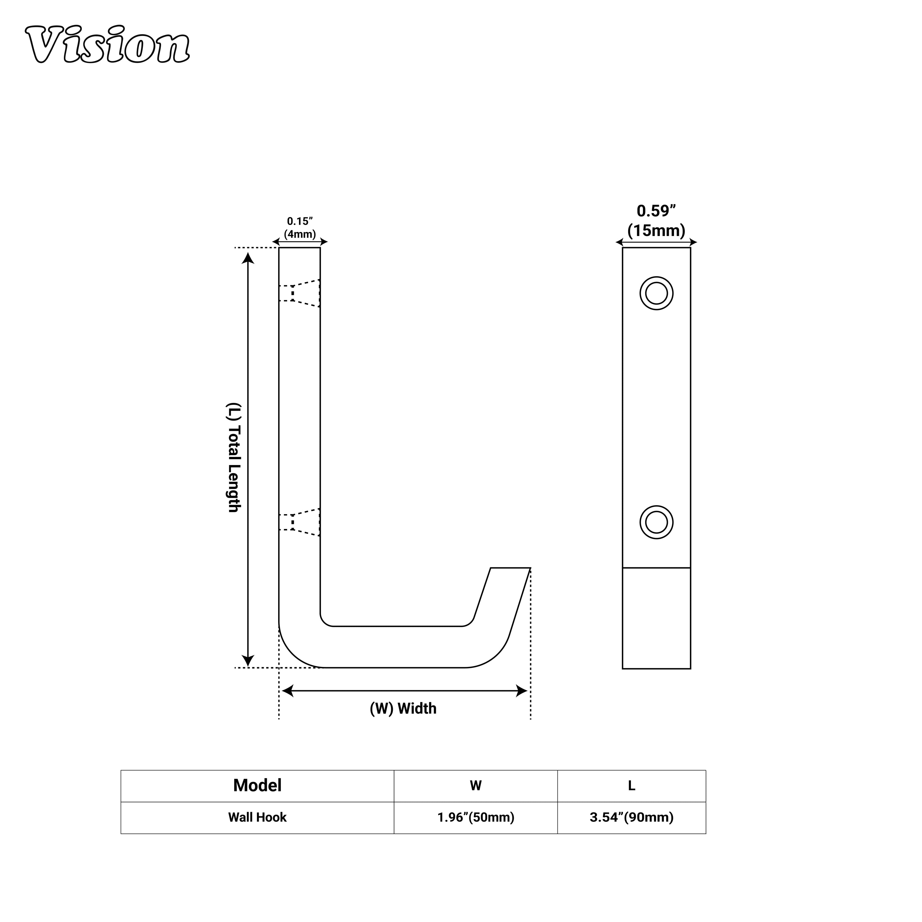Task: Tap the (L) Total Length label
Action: pyautogui.click(x=233, y=458)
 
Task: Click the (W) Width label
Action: pyautogui.click(x=403, y=709)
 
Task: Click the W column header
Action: pyautogui.click(x=475, y=786)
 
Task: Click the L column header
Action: pyautogui.click(x=631, y=786)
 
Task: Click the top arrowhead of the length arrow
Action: pyautogui.click(x=248, y=259)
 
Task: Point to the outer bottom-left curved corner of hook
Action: pyautogui.click(x=292, y=654)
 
